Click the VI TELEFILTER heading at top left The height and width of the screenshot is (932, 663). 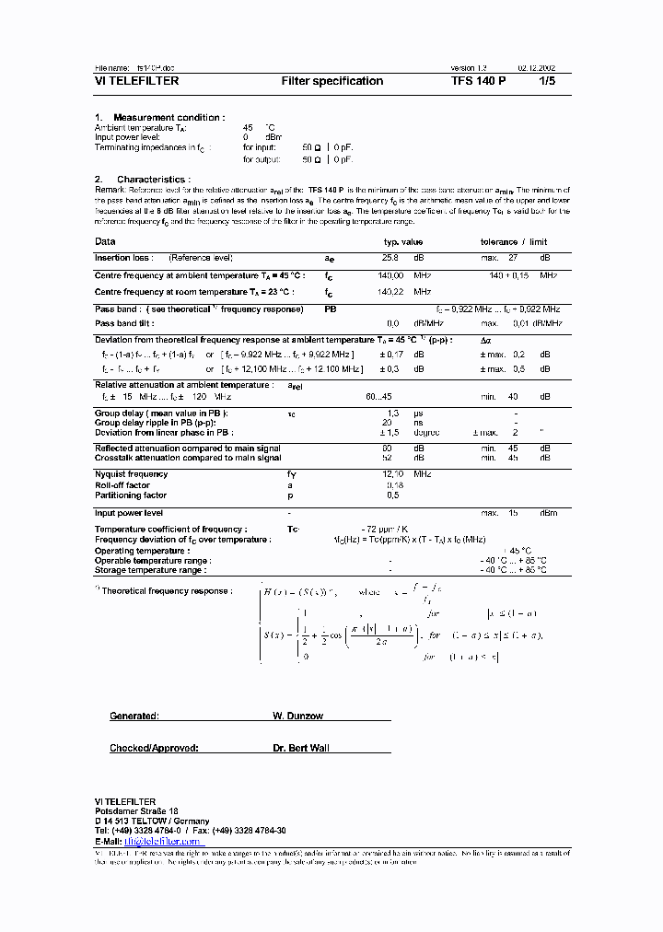(x=136, y=81)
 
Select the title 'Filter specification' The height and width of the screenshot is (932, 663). (x=331, y=81)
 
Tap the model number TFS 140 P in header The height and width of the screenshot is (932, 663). (x=478, y=81)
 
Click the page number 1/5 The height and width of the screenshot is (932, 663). (x=547, y=81)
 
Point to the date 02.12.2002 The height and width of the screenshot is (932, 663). (x=537, y=68)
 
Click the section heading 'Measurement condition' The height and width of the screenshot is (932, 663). (x=168, y=117)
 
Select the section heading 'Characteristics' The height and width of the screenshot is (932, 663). (x=153, y=179)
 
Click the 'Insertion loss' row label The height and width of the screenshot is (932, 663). (x=123, y=258)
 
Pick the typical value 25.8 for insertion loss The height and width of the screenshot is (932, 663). (x=390, y=258)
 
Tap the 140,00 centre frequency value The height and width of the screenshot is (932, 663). (x=391, y=275)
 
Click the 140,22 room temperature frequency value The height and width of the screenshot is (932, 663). (x=391, y=291)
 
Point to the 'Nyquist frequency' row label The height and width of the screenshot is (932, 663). (x=131, y=473)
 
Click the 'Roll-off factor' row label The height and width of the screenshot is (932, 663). (x=122, y=484)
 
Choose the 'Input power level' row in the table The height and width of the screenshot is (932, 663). (x=129, y=512)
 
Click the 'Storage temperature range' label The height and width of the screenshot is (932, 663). (x=150, y=570)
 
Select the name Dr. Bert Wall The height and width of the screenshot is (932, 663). (x=300, y=748)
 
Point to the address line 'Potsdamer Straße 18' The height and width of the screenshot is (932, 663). (x=136, y=810)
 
